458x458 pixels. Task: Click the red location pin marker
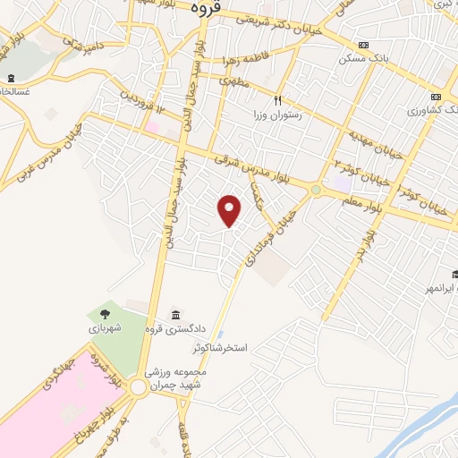tap(231, 210)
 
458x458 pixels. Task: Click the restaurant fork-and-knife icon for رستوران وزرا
tap(278, 101)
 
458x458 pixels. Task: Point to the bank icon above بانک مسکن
tap(363, 45)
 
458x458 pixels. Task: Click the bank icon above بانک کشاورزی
tap(436, 97)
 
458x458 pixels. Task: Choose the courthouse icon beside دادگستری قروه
tap(175, 315)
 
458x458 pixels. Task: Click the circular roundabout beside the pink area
tap(140, 388)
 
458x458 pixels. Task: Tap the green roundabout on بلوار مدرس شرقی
tap(316, 190)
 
